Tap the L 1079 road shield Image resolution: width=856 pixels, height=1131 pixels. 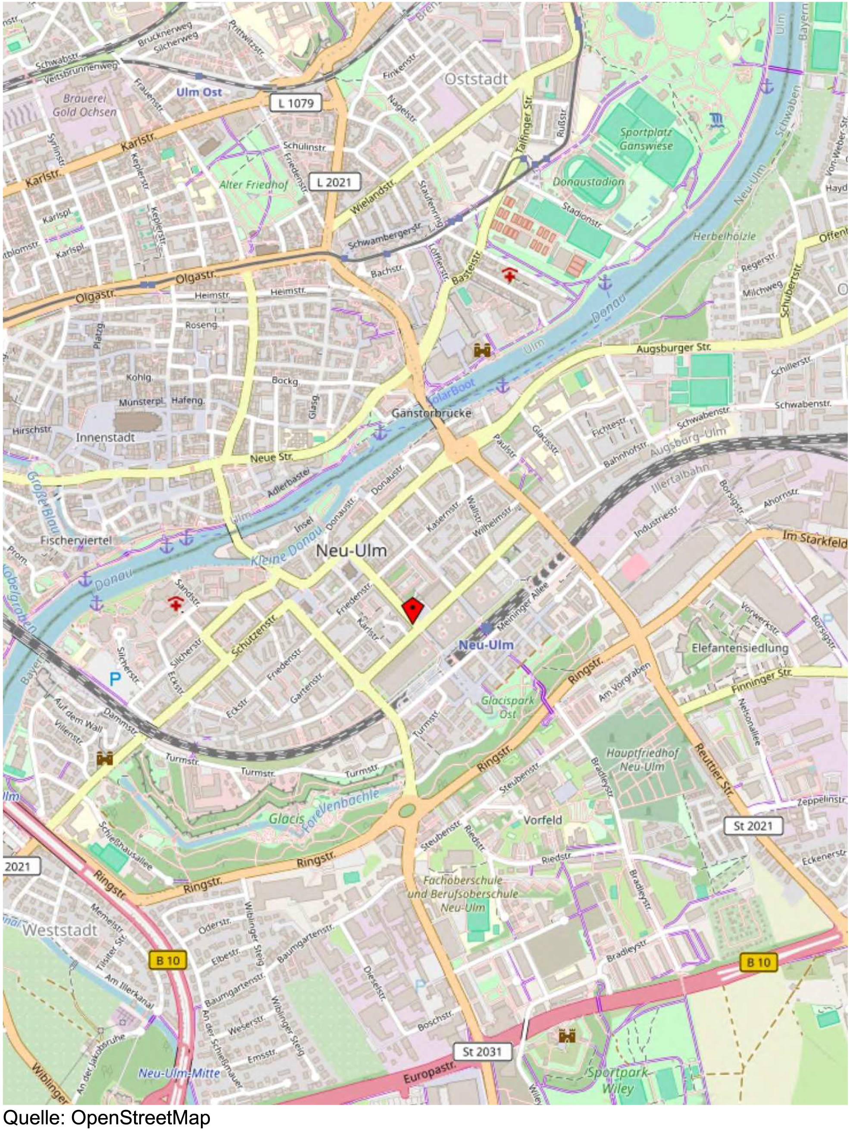(296, 103)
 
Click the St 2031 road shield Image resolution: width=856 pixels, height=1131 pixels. (482, 1052)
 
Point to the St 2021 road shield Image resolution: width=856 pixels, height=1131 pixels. (753, 826)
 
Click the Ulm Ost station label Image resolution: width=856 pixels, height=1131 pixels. (199, 93)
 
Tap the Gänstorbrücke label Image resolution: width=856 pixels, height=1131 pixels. (431, 413)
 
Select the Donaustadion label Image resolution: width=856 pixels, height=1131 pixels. (588, 182)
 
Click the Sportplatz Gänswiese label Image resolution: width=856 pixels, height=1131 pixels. (646, 139)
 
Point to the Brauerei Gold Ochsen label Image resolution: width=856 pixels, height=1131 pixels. (84, 105)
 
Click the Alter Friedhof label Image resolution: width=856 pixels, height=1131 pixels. (253, 185)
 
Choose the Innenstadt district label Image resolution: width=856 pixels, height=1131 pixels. (106, 438)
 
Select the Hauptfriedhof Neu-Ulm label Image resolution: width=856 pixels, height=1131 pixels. (642, 760)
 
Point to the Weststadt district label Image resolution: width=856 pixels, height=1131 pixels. (59, 931)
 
